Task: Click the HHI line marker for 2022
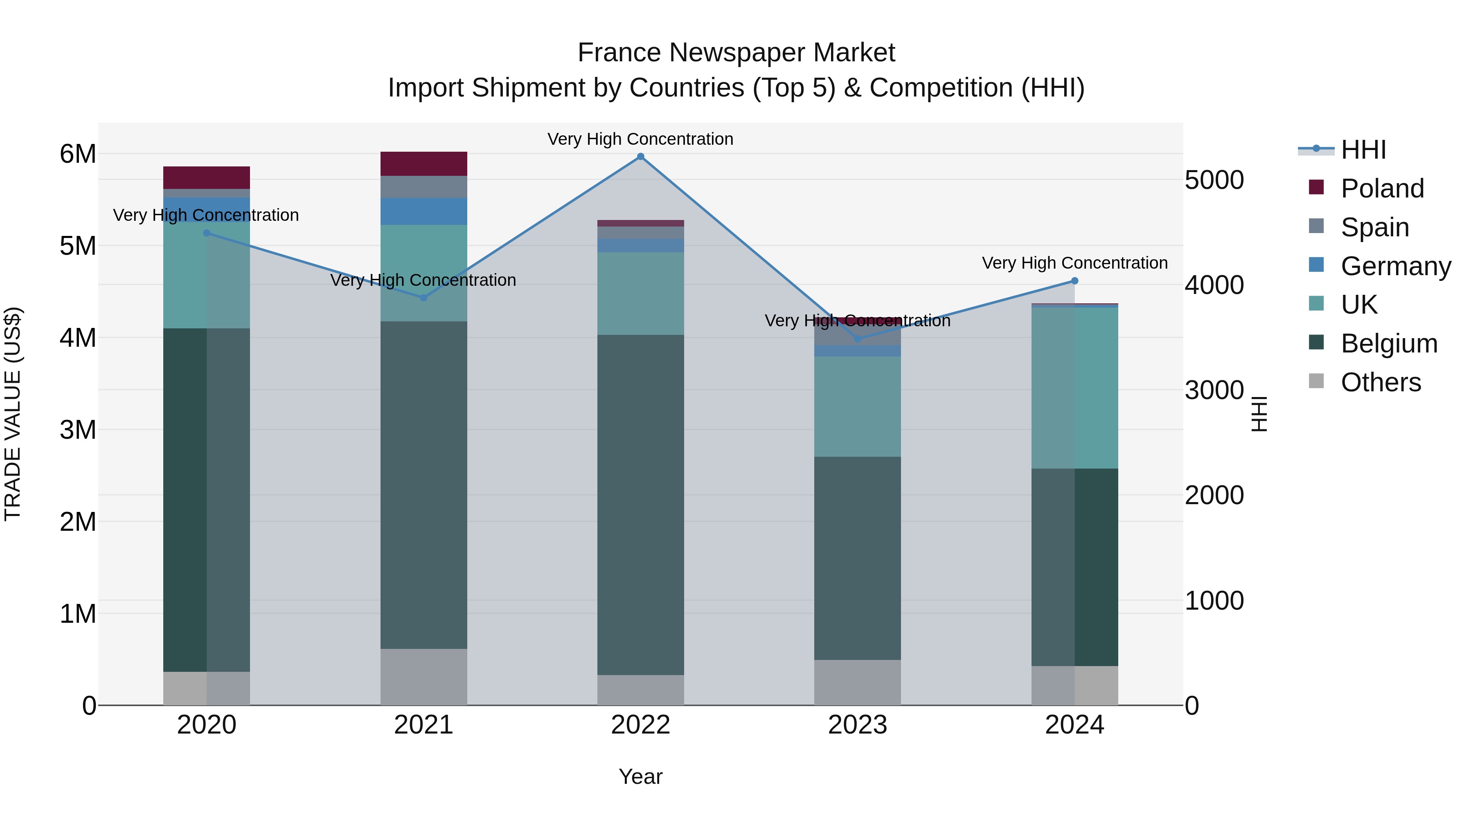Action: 640,157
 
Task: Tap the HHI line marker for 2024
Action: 1074,280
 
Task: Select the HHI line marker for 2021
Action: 424,298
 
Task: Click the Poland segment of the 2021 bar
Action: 424,164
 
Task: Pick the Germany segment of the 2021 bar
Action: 424,211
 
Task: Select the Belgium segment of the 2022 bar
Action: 640,505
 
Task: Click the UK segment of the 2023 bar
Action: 857,406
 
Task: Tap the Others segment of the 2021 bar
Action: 424,677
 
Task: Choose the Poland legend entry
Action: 1381,188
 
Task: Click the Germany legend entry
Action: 1395,266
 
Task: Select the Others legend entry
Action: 1381,382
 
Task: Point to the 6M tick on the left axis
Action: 78,154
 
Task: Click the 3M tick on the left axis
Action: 78,430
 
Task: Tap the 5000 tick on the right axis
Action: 1214,180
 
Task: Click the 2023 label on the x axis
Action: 857,725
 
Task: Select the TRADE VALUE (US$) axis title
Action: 13,414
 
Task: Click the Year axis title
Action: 640,776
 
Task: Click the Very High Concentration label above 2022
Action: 640,139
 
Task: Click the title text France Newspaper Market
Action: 736,53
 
